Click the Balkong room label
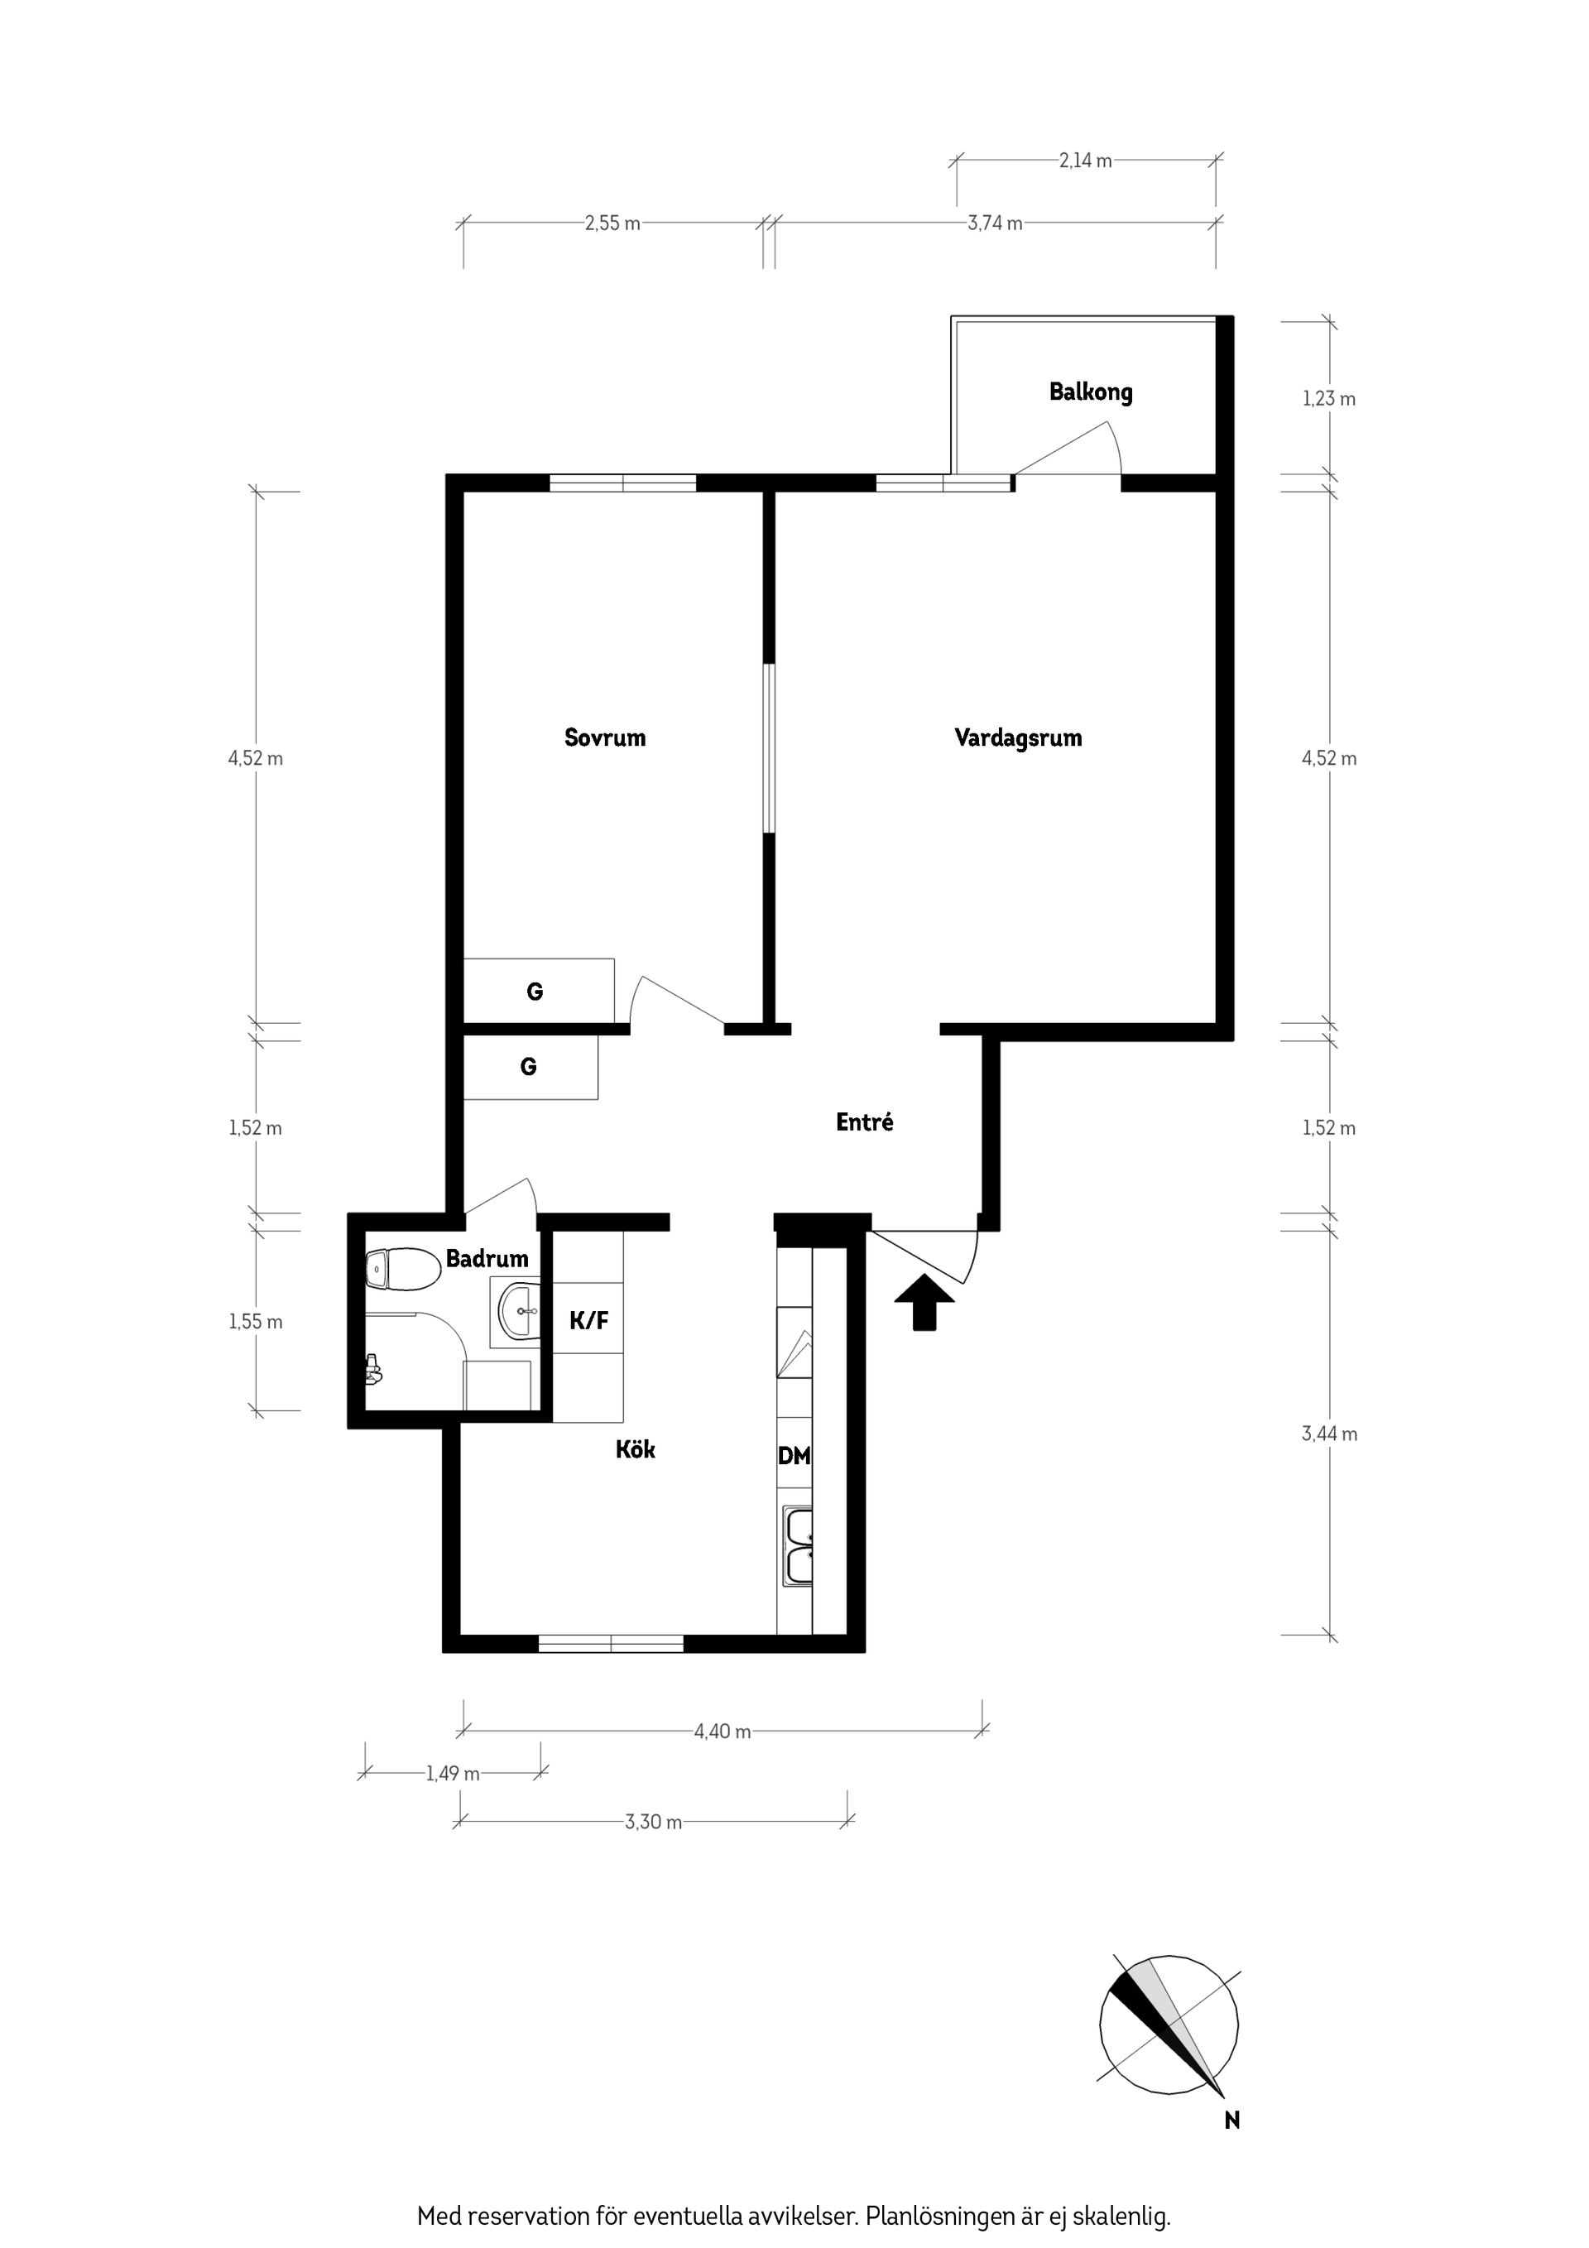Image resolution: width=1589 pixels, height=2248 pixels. click(1091, 392)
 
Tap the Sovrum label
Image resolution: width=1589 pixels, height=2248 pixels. click(605, 737)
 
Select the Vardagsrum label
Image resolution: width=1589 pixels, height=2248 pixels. click(1018, 738)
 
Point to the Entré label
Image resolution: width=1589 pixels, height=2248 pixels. click(865, 1122)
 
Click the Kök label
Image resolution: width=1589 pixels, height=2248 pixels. click(636, 1449)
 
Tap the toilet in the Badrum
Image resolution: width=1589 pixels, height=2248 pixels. click(401, 1270)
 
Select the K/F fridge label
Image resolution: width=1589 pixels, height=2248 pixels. click(589, 1321)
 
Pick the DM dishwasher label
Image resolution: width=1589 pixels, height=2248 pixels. click(794, 1456)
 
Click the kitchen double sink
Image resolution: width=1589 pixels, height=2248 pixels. click(798, 1547)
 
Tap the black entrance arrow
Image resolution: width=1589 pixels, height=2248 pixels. click(925, 1301)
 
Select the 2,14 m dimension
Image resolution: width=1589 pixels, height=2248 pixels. click(1086, 161)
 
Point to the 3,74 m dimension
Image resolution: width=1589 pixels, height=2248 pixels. click(995, 223)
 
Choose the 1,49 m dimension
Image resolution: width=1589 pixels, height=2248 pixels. click(453, 1773)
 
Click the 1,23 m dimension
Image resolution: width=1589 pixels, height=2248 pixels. click(1328, 398)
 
